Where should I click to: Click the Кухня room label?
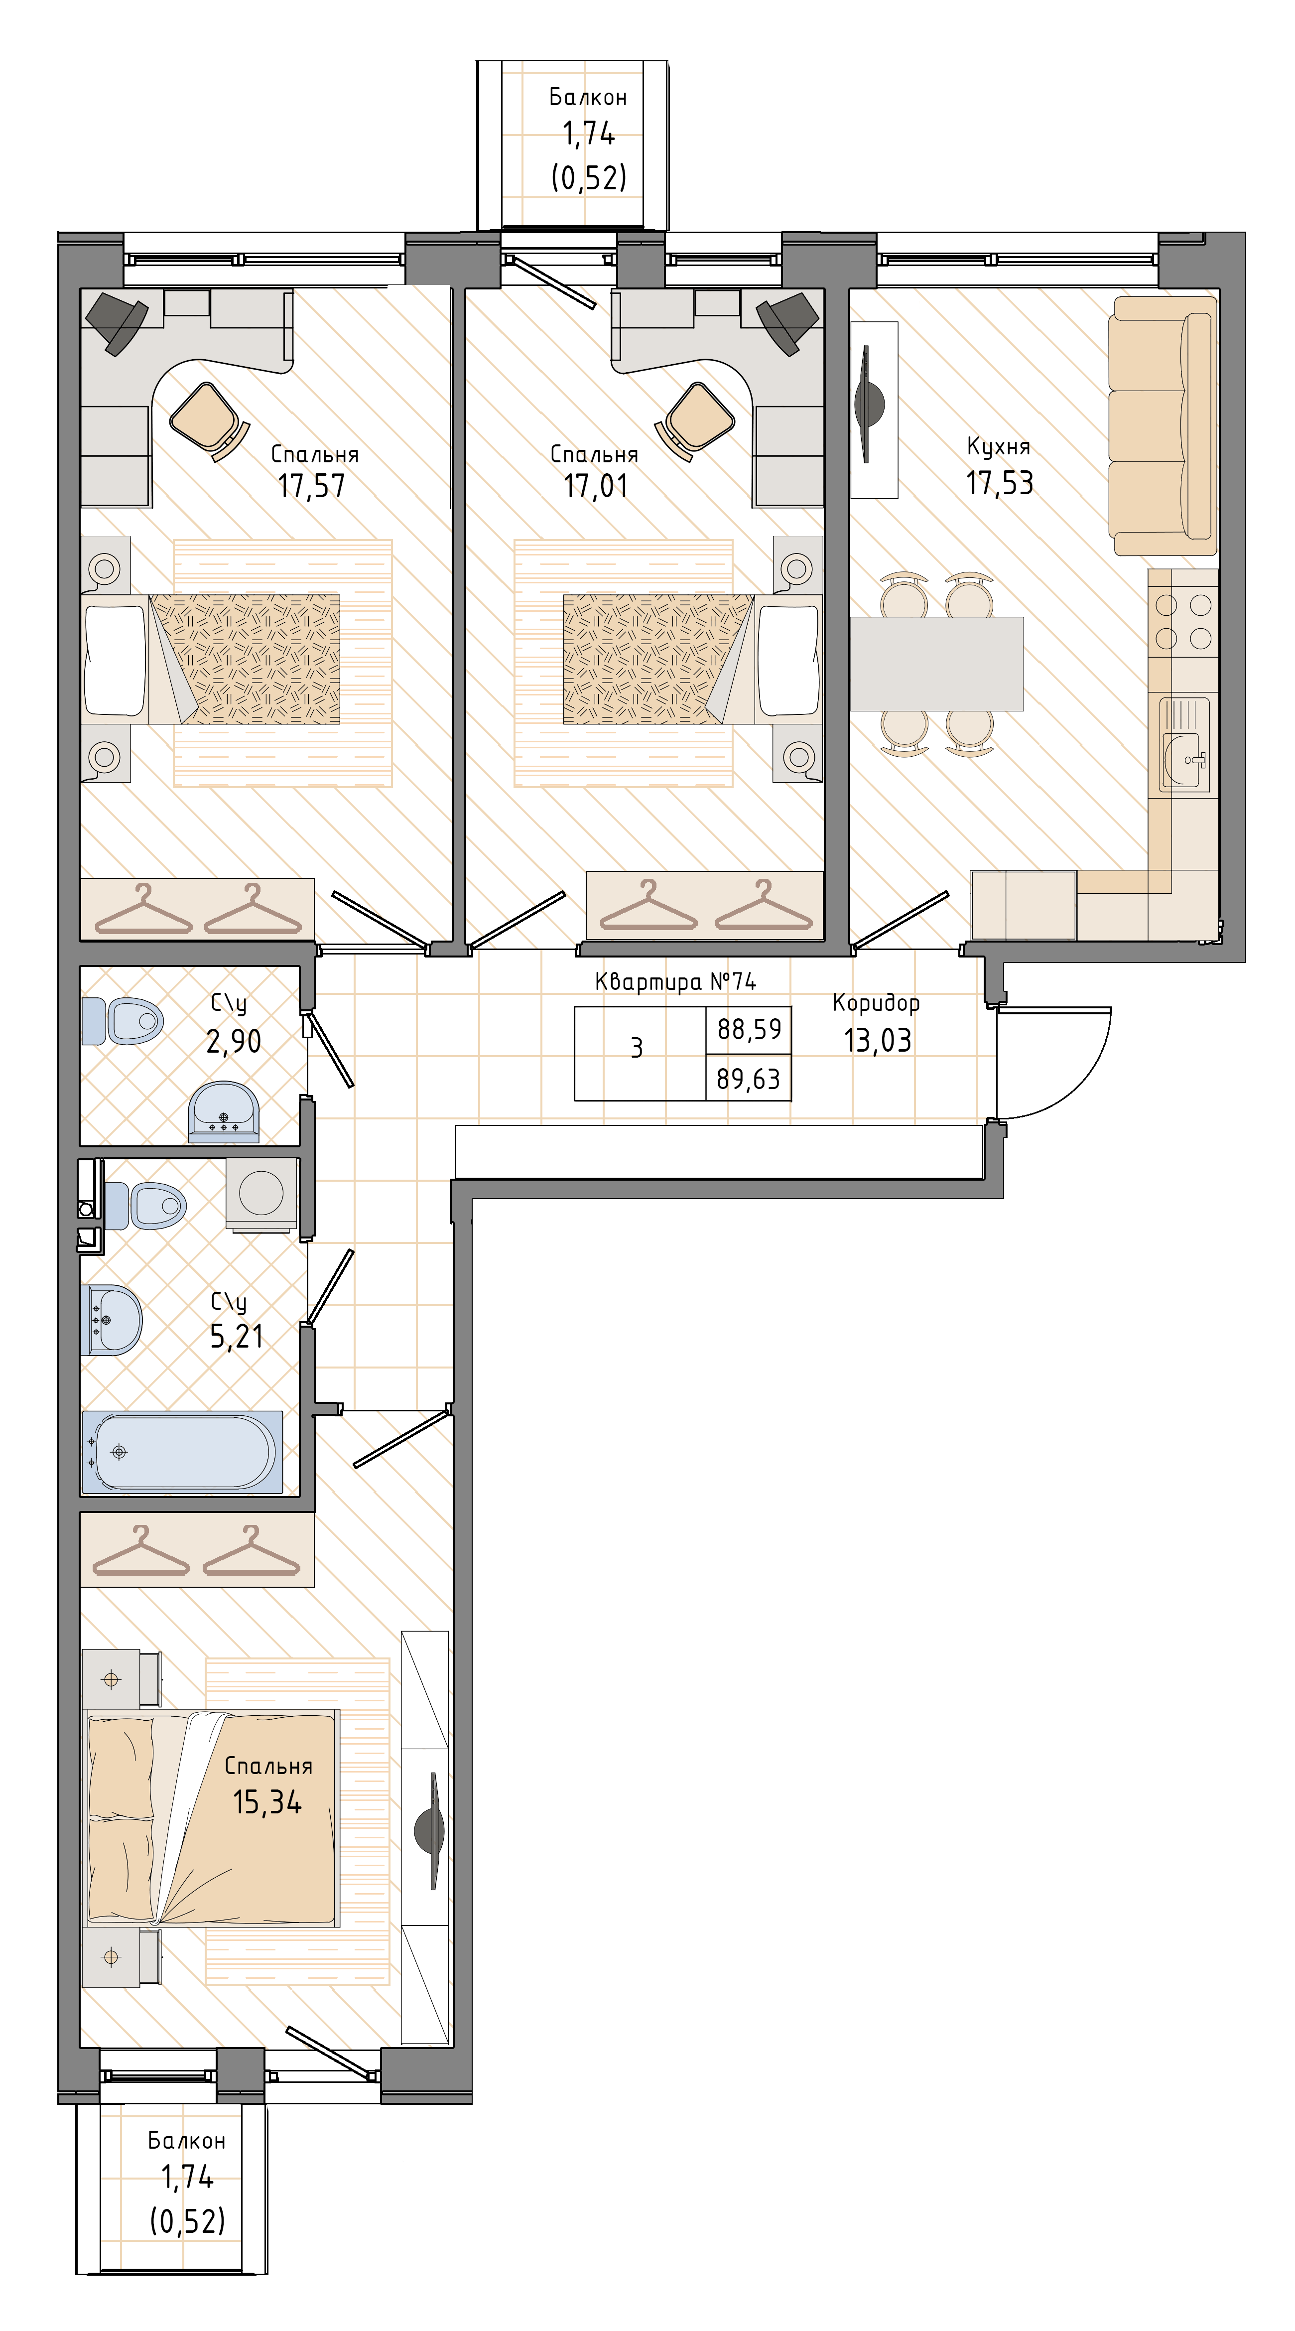(x=998, y=446)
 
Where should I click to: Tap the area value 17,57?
(x=311, y=486)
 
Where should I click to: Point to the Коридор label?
(x=876, y=1003)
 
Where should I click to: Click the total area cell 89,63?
(x=749, y=1079)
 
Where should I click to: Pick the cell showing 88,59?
(x=749, y=1029)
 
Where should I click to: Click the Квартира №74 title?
(x=675, y=981)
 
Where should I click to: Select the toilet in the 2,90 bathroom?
(x=122, y=1022)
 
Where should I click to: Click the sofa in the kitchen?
(x=1163, y=425)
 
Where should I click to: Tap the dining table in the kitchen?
(x=937, y=663)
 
